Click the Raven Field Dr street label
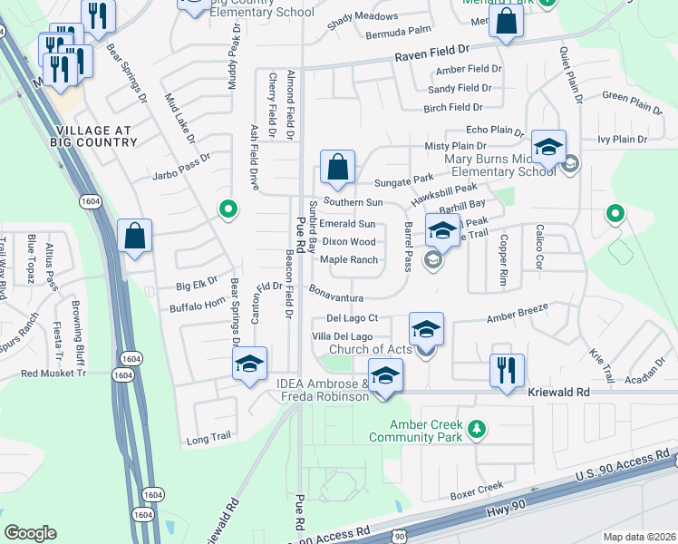click(431, 56)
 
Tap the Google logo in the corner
click(30, 533)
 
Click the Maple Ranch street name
click(349, 260)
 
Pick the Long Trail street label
click(209, 437)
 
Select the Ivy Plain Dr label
click(622, 140)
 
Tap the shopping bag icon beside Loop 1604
click(134, 237)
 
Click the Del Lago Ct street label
click(352, 319)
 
